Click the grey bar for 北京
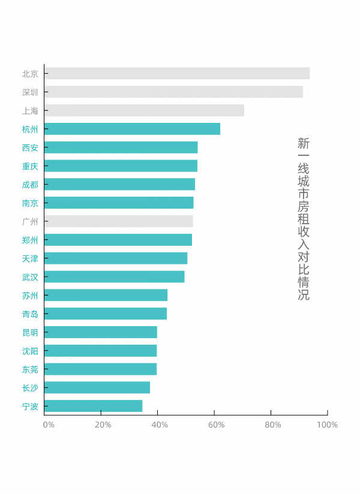click(x=177, y=74)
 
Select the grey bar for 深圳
click(x=173, y=92)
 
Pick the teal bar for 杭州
click(x=132, y=129)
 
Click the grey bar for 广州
click(x=118, y=221)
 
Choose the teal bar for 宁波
click(x=93, y=406)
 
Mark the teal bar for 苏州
click(x=106, y=295)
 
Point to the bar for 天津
click(x=116, y=258)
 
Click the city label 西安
click(x=30, y=147)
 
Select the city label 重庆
click(x=30, y=166)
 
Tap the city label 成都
click(x=30, y=185)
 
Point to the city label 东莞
click(x=30, y=369)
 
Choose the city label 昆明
click(x=30, y=332)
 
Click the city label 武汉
click(x=30, y=277)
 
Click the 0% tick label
click(x=49, y=425)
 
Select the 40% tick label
click(x=159, y=425)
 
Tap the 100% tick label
click(x=327, y=425)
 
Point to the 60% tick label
click(x=216, y=425)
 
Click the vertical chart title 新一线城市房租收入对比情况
click(x=304, y=219)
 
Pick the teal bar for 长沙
click(x=97, y=387)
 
